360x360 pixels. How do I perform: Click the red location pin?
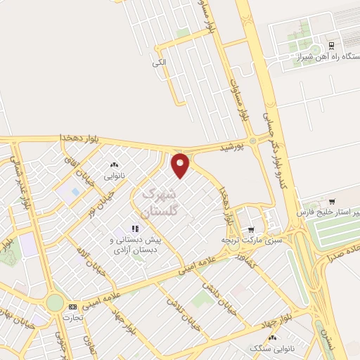[181, 165]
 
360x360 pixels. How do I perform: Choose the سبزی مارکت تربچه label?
[251, 240]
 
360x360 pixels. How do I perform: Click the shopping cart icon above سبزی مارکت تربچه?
[251, 229]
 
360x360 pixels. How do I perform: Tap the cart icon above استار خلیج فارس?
[333, 200]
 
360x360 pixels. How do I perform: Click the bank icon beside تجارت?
[73, 307]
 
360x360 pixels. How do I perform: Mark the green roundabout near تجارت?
[54, 303]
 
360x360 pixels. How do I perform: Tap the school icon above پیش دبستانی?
[135, 229]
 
